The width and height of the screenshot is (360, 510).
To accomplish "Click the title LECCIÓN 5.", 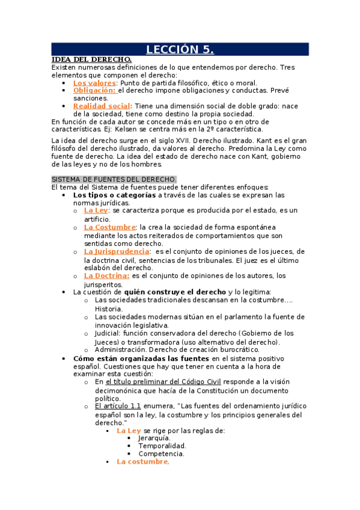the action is pos(180,49).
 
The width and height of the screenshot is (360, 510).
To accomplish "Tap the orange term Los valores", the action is pos(94,83).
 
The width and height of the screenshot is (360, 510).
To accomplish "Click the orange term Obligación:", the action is pos(94,90).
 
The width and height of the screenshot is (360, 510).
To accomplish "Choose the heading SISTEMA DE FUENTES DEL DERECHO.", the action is pos(114,179).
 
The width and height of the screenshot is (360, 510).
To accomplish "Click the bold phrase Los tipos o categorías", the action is pos(114,195).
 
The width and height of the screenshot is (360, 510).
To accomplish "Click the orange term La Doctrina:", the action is pos(106,275).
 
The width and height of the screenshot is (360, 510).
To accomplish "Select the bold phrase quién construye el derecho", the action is pos(168,292).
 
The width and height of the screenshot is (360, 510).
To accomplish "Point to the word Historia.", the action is pos(109,309).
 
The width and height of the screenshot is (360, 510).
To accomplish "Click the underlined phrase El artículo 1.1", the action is pos(118,406).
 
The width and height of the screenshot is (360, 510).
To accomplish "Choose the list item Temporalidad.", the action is pos(162,446).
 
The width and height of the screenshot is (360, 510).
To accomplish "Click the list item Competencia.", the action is pos(161,454).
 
